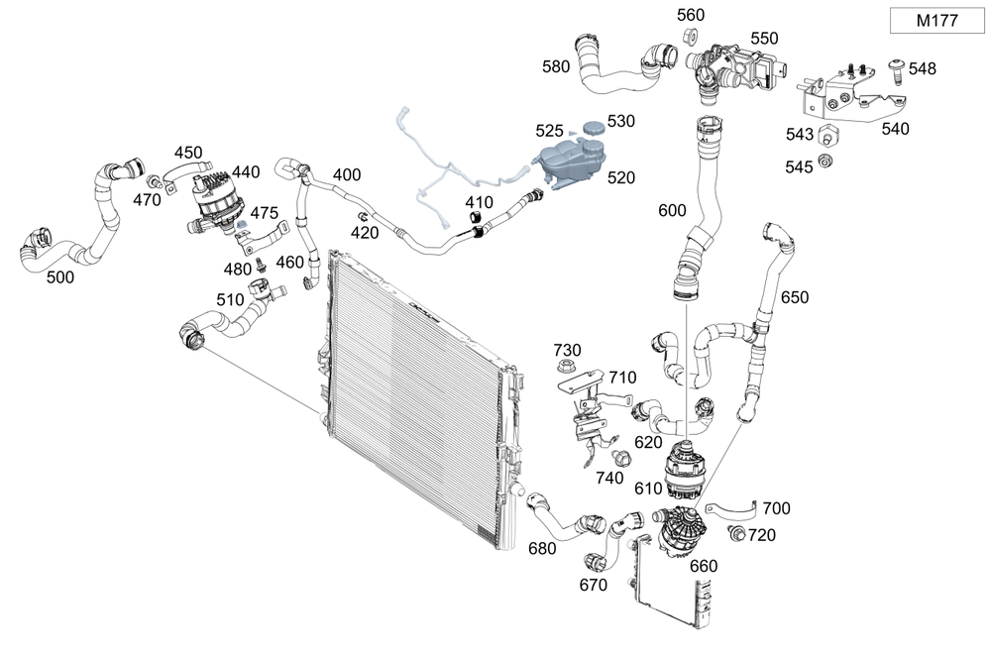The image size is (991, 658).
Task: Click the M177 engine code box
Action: pyautogui.click(x=936, y=21)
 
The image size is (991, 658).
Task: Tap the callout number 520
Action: pyautogui.click(x=621, y=177)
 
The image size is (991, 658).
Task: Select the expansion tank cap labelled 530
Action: pyautogui.click(x=593, y=130)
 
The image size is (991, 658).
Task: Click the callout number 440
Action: pyautogui.click(x=246, y=171)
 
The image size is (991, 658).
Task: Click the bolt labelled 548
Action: pyautogui.click(x=896, y=67)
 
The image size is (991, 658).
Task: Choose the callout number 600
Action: pyautogui.click(x=672, y=210)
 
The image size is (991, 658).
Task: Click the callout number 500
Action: pyautogui.click(x=60, y=277)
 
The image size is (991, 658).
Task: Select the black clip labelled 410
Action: pyautogui.click(x=478, y=229)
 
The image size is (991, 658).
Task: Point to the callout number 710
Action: pyautogui.click(x=622, y=378)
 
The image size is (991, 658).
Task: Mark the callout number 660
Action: pyautogui.click(x=703, y=566)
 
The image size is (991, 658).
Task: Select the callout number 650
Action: pyautogui.click(x=795, y=297)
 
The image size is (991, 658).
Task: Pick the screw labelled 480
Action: pyautogui.click(x=261, y=266)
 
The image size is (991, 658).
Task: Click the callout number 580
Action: pyautogui.click(x=556, y=67)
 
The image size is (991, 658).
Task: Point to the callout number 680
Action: pyautogui.click(x=542, y=548)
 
